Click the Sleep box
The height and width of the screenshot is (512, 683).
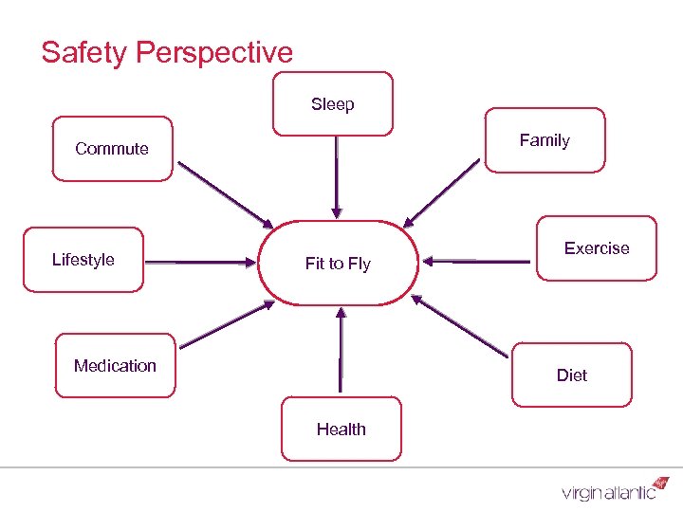332,104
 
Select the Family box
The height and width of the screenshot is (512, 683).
545,140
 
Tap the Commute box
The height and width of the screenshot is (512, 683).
112,149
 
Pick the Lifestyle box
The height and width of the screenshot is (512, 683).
83,259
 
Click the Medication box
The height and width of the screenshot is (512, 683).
115,365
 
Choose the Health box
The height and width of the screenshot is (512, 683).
341,429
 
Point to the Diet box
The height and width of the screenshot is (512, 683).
571,375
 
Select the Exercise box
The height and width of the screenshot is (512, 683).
596,248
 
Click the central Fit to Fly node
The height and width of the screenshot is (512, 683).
338,264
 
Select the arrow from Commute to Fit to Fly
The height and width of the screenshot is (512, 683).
225,194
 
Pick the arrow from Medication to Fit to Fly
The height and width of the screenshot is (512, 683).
226,324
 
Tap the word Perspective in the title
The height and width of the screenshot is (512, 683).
214,53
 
